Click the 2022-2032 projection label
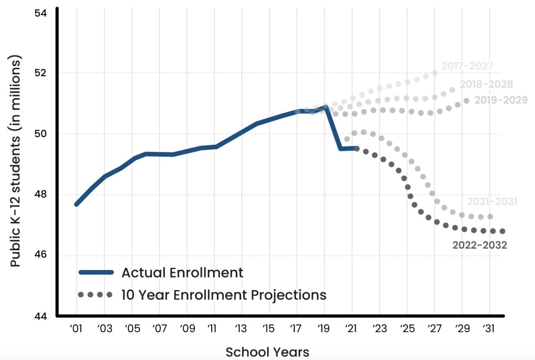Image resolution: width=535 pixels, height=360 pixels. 480,245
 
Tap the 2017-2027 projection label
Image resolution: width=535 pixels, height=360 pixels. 467,66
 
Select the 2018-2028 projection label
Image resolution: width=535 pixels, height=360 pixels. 486,84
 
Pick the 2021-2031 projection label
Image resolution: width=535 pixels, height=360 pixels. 492,202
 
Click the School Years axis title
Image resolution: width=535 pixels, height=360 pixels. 267,352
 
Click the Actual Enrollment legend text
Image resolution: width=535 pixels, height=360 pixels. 182,273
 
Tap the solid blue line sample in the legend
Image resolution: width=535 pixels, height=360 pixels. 95,273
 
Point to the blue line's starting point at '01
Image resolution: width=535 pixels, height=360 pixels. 77,204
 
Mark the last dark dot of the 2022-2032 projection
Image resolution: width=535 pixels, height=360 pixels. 502,231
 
